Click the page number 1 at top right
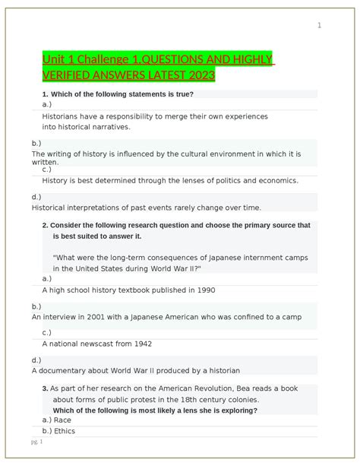[x=319, y=26]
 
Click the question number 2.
[x=46, y=225]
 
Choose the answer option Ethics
[x=65, y=431]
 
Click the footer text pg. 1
[x=36, y=441]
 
